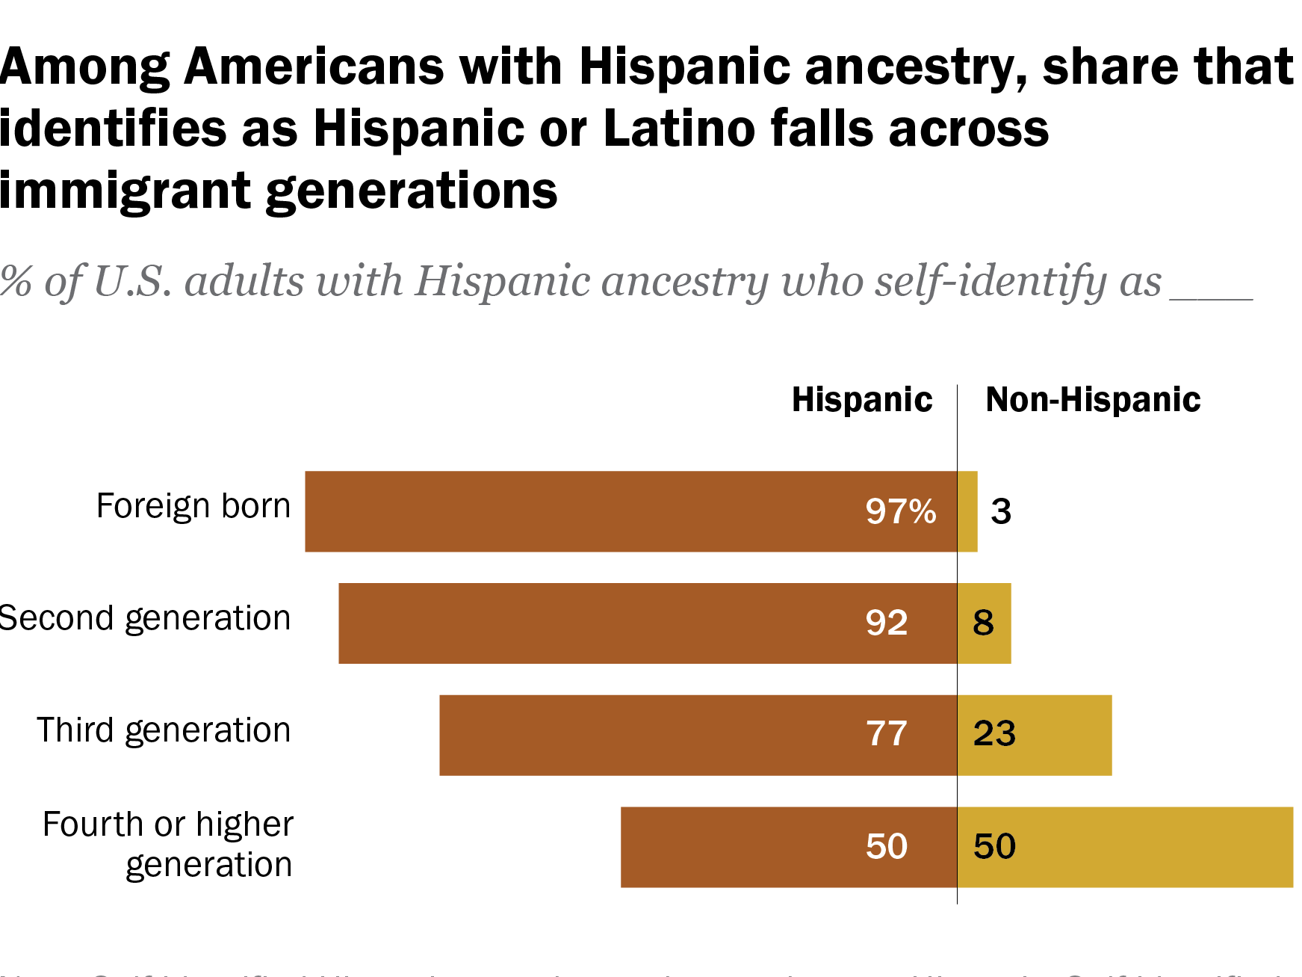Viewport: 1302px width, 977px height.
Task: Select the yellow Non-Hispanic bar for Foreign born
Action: (x=967, y=511)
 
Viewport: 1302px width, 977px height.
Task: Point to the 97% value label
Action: (x=900, y=512)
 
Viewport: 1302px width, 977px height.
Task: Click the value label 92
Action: (x=887, y=623)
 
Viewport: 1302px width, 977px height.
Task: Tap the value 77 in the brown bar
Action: (x=887, y=734)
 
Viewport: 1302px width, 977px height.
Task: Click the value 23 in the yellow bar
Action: (x=994, y=734)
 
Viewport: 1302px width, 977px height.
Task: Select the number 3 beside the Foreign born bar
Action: (x=1001, y=512)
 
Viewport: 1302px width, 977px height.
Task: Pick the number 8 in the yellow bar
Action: (x=983, y=623)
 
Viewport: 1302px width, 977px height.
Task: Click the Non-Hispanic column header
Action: (x=1093, y=400)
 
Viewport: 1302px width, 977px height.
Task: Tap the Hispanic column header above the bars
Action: (x=862, y=400)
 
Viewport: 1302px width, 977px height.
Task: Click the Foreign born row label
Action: (x=193, y=507)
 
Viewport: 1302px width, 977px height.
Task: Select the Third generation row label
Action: (x=164, y=730)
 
